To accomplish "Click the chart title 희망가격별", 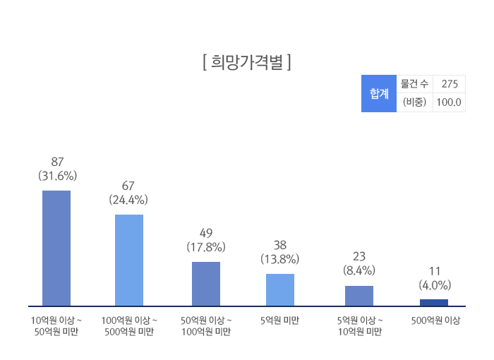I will pos(246,62).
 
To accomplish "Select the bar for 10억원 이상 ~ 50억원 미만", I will pos(56,248).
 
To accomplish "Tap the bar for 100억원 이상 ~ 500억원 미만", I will pos(129,260).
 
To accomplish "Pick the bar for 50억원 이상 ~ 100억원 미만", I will pos(206,284).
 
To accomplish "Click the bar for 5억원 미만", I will pos(280,289).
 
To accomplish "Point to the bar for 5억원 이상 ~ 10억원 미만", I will pos(359,296).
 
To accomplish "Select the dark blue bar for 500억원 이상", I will pos(434,303).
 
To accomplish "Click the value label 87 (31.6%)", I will pos(57,169).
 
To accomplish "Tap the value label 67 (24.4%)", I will pos(128,193).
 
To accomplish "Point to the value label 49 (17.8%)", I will pos(206,240).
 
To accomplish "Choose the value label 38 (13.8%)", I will pos(280,252).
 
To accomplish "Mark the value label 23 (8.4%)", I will pos(359,263).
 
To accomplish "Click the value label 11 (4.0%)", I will pos(435,278).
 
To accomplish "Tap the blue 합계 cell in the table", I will pos(379,93).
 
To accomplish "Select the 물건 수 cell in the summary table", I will pos(414,84).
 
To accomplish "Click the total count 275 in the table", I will pos(449,84).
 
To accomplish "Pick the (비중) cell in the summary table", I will pos(414,102).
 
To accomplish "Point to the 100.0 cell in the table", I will pos(449,102).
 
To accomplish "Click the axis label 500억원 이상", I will pos(435,320).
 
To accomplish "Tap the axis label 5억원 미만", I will pos(279,320).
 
